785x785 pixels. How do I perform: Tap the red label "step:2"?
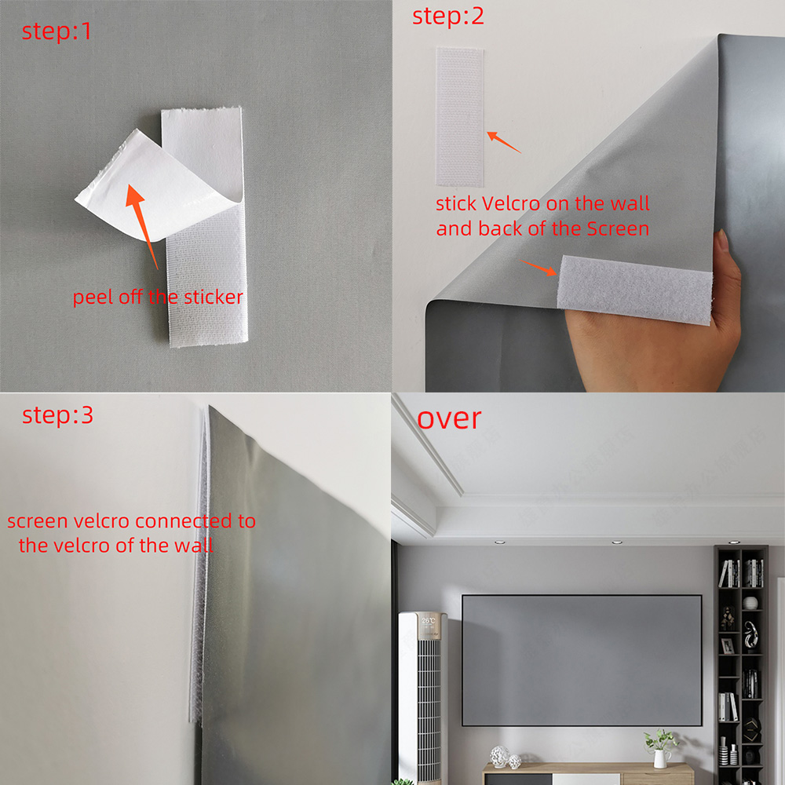(448, 16)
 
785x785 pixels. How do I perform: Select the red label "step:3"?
(57, 414)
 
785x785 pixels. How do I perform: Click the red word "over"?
(448, 418)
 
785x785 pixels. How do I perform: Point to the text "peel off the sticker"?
(158, 297)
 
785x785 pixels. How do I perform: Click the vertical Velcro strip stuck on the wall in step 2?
(460, 116)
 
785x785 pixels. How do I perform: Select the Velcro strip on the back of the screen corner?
(633, 287)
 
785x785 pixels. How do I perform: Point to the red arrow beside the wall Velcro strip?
(504, 142)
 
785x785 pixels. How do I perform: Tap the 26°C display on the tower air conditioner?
(429, 620)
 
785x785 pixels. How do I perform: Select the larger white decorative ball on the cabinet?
(498, 756)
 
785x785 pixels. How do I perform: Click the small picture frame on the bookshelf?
(728, 645)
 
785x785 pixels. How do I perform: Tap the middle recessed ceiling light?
(615, 542)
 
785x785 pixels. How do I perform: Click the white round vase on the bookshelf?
(750, 603)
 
